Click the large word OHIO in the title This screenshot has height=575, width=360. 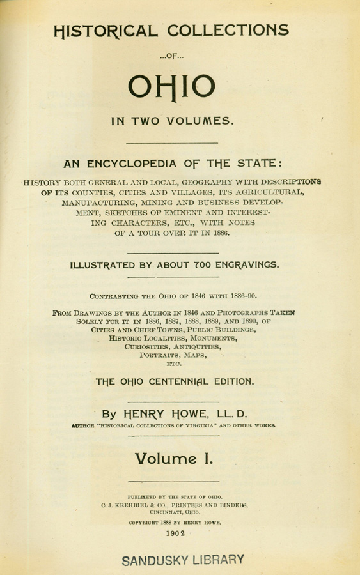[180, 87]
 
